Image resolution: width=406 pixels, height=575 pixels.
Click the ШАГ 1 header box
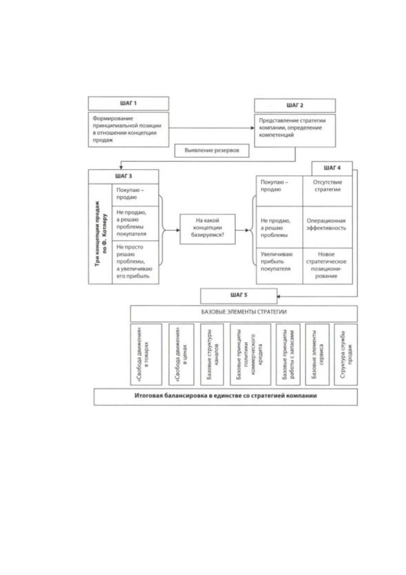coord(128,103)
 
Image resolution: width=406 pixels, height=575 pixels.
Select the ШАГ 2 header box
coord(295,105)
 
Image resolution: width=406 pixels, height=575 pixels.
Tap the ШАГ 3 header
coord(124,176)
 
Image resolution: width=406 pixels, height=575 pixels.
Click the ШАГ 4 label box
coord(332,168)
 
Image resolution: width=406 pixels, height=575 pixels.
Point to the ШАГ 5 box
coord(239,296)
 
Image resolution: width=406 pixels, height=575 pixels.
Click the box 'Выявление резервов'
coord(212,151)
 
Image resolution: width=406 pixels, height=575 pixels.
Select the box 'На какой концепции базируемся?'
coord(207,229)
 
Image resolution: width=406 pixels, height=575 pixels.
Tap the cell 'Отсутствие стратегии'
coord(328,191)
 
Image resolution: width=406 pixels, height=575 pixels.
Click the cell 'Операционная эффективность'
coord(328,227)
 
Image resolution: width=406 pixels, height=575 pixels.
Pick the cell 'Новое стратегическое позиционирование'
coord(328,266)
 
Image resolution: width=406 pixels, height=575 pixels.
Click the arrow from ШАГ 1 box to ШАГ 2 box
coord(212,128)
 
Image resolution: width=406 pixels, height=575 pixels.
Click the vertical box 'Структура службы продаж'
coord(346,354)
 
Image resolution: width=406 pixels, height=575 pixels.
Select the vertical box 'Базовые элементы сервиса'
coord(317,354)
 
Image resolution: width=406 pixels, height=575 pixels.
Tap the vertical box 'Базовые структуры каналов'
coord(212,354)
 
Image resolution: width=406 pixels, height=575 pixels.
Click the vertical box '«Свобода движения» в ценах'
coord(181,354)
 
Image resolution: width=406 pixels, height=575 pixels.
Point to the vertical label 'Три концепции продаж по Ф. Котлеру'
coord(100,234)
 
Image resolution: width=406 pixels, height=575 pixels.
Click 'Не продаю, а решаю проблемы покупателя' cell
coord(135,223)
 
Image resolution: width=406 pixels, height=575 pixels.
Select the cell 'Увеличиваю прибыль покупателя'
coord(279,266)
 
